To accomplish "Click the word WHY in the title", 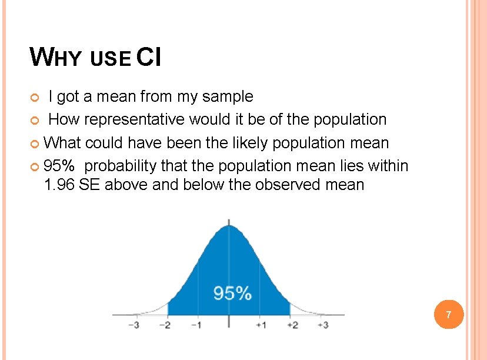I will coord(58,57).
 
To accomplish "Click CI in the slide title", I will coord(149,57).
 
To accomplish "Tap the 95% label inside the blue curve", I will coord(232,293).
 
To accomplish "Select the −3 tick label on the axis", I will coord(135,325).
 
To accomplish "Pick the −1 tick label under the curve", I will coord(196,325).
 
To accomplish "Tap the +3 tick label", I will coord(322,325).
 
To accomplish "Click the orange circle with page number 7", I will coord(449,315).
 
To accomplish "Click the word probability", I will coord(121,166).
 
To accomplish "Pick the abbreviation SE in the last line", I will coord(89,185).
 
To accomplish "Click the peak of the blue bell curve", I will coord(229,225).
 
